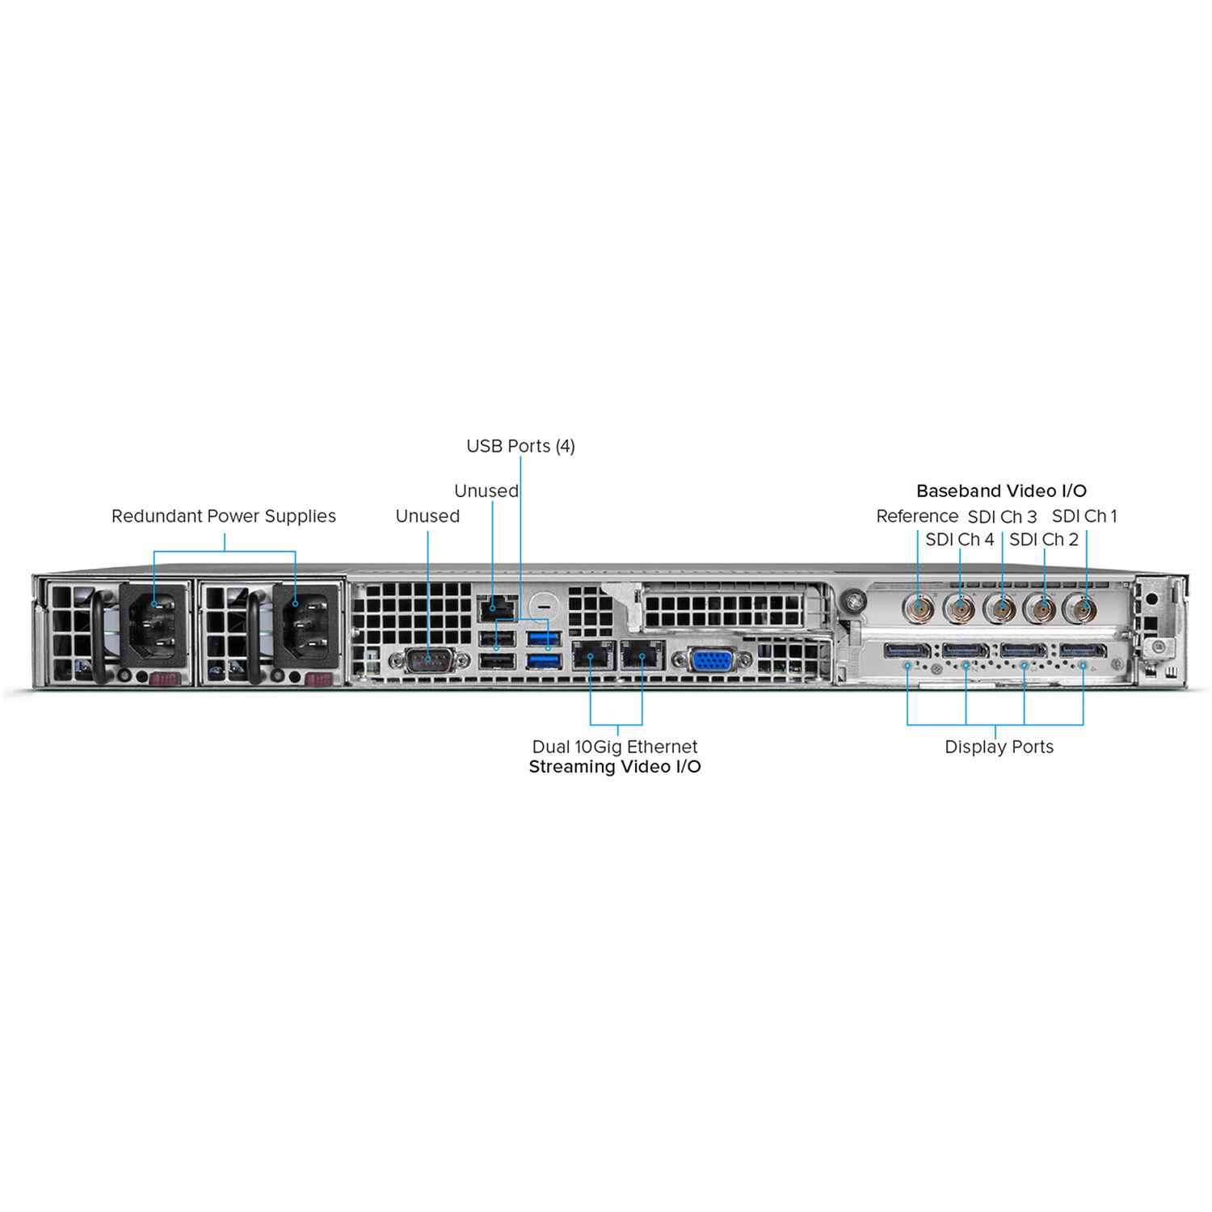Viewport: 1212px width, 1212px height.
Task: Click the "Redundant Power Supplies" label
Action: (224, 516)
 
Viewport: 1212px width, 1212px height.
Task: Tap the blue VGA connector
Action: (711, 660)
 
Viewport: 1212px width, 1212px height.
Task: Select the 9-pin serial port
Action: (428, 661)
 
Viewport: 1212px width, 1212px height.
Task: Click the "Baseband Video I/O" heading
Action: (1001, 490)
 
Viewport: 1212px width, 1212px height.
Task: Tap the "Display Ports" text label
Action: (999, 747)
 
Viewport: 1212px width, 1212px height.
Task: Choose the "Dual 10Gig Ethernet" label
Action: (614, 747)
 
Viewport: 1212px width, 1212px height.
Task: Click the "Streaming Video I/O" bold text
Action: (614, 767)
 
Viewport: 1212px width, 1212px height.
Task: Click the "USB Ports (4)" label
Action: (520, 446)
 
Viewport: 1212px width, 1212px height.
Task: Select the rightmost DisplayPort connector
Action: (1083, 650)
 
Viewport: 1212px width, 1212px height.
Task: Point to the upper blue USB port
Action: (542, 639)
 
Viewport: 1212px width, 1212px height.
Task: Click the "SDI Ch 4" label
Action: (959, 539)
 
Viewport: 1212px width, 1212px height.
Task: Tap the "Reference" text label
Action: (917, 516)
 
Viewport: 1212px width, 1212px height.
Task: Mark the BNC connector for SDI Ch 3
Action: (1002, 608)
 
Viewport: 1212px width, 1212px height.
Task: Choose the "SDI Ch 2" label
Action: (1043, 539)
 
